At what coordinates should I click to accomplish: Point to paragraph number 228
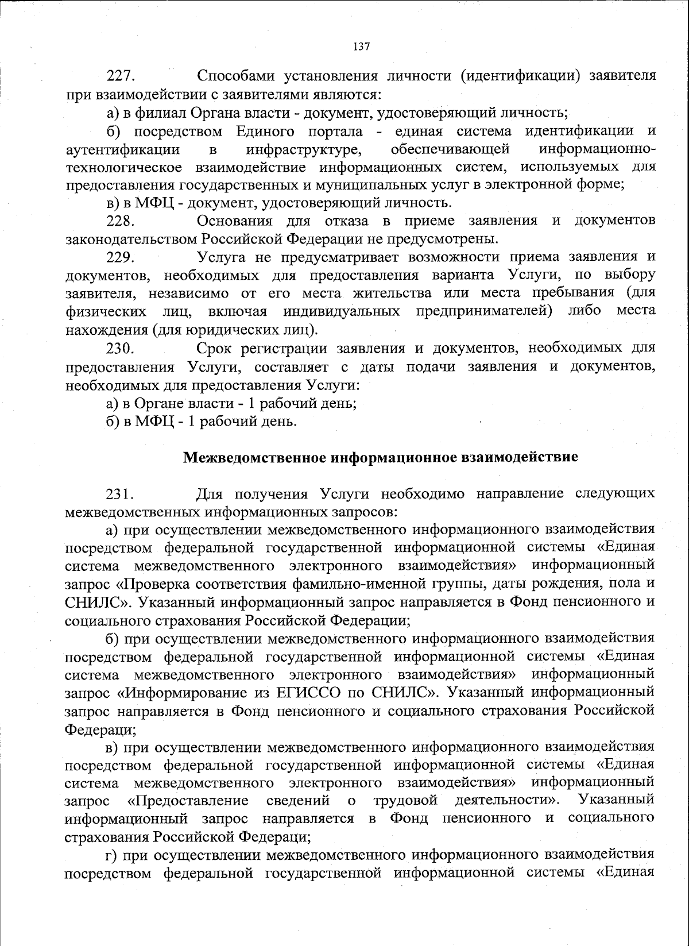pos(120,221)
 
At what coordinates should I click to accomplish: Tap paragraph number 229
pos(120,257)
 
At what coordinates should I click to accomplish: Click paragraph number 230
pos(120,349)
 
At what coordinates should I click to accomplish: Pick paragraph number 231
pos(120,494)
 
